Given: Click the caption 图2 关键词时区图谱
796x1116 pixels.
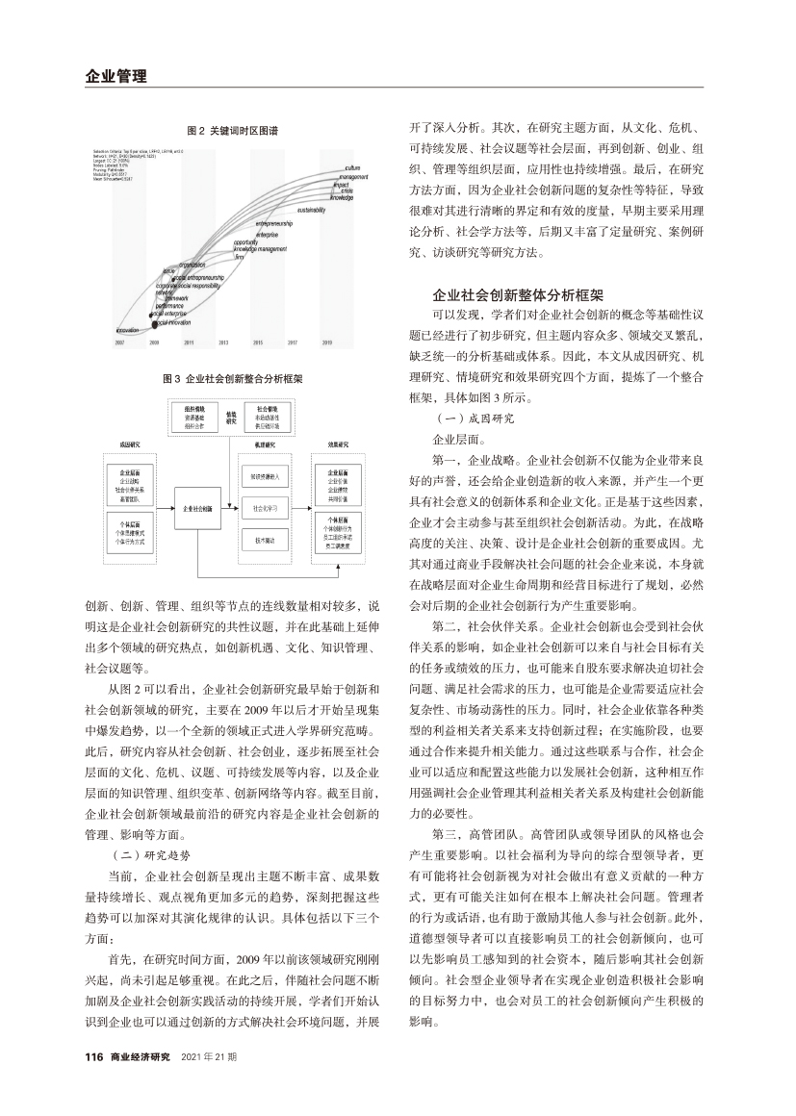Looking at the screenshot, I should [231, 130].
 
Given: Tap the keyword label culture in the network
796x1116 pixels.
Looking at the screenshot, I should [352, 168].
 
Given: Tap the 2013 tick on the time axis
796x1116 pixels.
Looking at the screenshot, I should [223, 342].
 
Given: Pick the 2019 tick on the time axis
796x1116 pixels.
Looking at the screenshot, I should [326, 342].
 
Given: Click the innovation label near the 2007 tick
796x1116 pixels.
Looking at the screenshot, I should [128, 329].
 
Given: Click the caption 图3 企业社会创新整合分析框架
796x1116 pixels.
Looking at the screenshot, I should [231, 379].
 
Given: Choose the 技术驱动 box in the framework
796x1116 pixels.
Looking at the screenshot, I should [266, 542].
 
